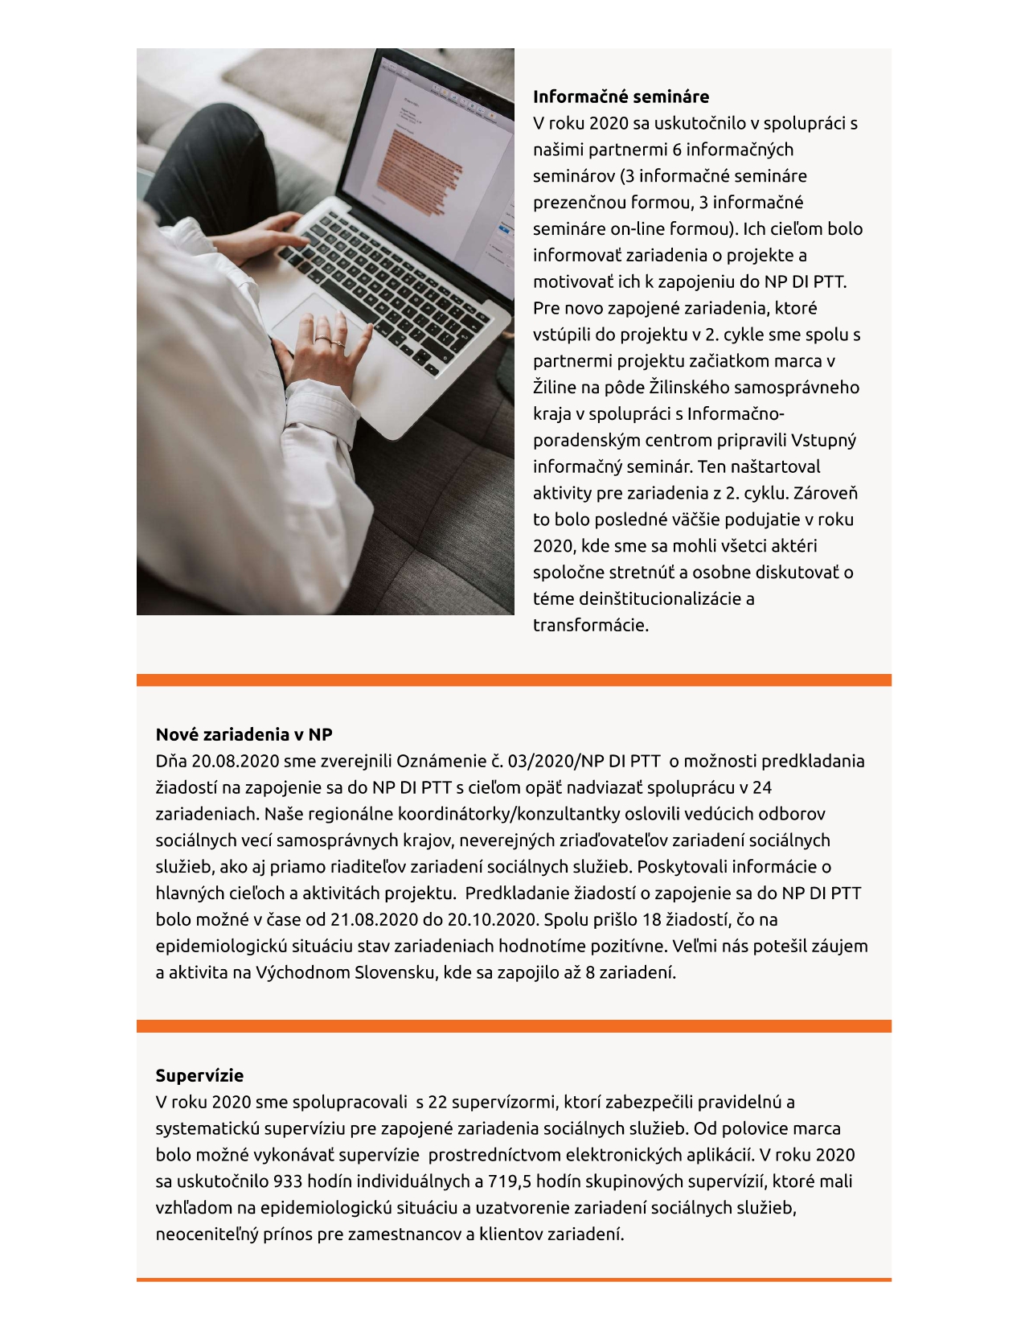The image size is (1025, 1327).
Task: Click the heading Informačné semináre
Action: click(621, 97)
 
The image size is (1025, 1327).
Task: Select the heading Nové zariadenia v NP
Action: click(244, 734)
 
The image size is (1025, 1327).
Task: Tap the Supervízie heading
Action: click(199, 1075)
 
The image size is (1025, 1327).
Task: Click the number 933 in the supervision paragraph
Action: click(289, 1181)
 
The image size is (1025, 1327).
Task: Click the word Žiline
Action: click(555, 388)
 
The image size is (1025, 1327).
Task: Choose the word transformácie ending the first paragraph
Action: click(590, 626)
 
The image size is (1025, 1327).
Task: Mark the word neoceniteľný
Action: click(207, 1235)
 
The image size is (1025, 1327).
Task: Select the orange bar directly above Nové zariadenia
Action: click(514, 680)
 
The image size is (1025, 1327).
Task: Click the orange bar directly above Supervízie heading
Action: click(514, 1026)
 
